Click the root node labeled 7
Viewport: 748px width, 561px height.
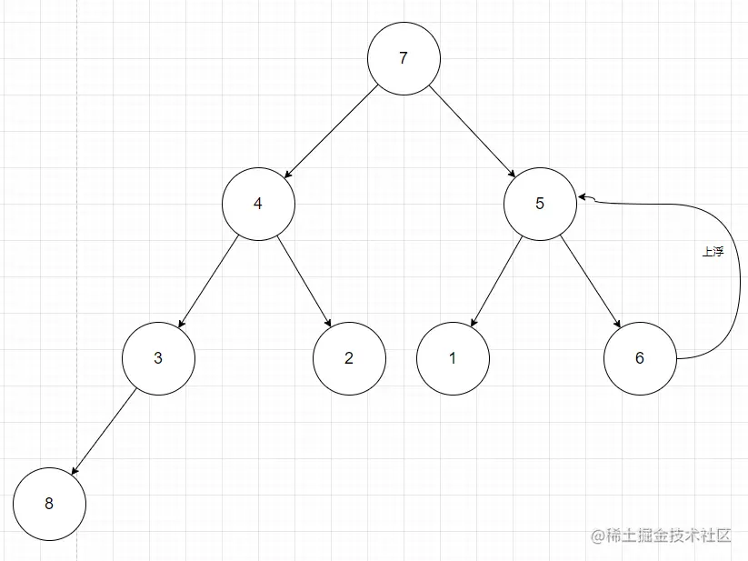pos(404,58)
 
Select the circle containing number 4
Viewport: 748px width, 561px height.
pos(258,203)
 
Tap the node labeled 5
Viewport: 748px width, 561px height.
pos(540,203)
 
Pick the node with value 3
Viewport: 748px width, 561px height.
pos(158,357)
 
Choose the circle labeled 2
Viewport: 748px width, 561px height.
pos(349,357)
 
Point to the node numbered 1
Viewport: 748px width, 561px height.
pos(453,357)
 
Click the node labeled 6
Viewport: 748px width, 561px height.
pos(640,357)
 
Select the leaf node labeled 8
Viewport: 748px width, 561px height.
pos(49,503)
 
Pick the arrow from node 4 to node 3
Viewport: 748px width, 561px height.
pos(209,280)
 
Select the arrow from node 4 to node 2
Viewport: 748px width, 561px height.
pos(303,280)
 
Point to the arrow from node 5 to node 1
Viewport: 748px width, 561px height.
pos(496,280)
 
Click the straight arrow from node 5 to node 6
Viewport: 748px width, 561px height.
pos(590,280)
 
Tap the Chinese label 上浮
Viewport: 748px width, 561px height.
pos(713,253)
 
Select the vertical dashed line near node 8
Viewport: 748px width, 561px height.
pos(76,273)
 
